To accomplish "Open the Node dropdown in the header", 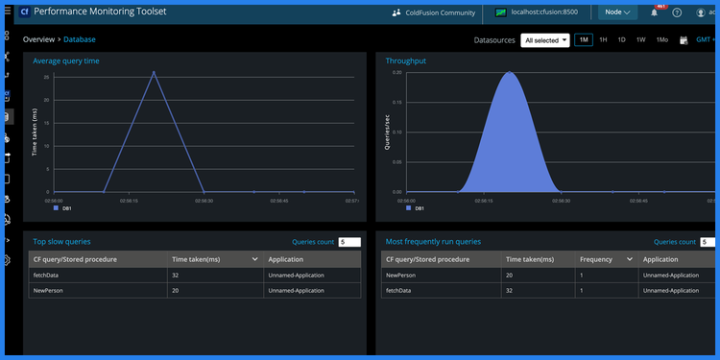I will (616, 12).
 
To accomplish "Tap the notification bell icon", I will (655, 12).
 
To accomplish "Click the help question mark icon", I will (677, 12).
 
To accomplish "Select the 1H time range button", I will (603, 40).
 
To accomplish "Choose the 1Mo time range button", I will (661, 40).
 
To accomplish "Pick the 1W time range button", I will (640, 40).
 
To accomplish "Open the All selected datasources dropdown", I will (545, 40).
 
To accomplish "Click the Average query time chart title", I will (66, 60).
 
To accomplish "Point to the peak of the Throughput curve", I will (509, 73).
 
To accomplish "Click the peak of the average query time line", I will (153, 71).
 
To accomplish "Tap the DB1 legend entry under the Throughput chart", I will (414, 207).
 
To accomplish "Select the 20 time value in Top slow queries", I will (176, 289).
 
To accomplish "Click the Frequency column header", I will (596, 259).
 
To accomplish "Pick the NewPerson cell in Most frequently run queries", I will (400, 276).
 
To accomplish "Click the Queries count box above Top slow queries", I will (348, 242).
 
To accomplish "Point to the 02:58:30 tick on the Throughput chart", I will (559, 201).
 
